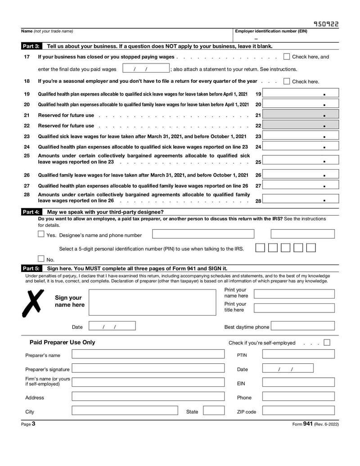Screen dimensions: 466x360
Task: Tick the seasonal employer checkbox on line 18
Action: coord(287,81)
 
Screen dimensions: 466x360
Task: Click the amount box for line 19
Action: coord(301,94)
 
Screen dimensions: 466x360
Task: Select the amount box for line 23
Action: coord(301,136)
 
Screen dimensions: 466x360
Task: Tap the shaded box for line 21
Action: coord(301,115)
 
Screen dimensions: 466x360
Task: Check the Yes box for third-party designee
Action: coord(41,234)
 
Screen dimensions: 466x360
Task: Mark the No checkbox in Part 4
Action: coord(41,259)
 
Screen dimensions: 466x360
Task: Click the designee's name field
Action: coord(203,234)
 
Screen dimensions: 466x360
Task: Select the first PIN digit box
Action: coord(260,248)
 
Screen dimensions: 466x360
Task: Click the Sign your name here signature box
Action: coord(153,302)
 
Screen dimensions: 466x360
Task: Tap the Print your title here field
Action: coord(294,308)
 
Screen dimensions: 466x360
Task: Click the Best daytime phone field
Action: coord(303,326)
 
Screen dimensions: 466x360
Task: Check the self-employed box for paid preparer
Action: coord(327,342)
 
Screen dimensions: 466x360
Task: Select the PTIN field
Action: coord(298,354)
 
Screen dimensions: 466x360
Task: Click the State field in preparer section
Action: coord(214,411)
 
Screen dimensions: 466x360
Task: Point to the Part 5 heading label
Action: coord(31,268)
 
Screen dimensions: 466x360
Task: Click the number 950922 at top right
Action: coord(326,24)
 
